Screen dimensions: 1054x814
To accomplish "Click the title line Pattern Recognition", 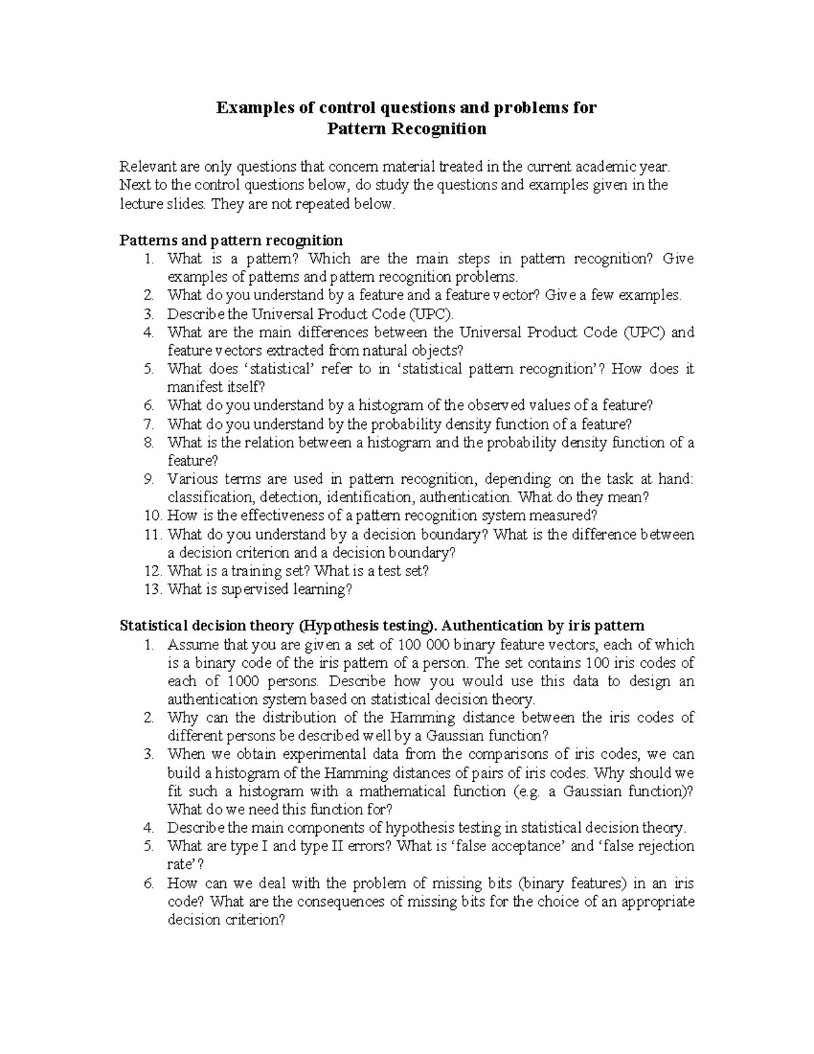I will pos(406,128).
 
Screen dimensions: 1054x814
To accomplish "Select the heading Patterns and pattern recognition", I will pos(231,240).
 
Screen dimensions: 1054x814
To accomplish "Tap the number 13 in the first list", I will pos(152,590).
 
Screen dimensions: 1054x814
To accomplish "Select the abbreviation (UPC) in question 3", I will pos(429,314).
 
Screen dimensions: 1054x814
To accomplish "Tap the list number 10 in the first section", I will pos(152,516).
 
